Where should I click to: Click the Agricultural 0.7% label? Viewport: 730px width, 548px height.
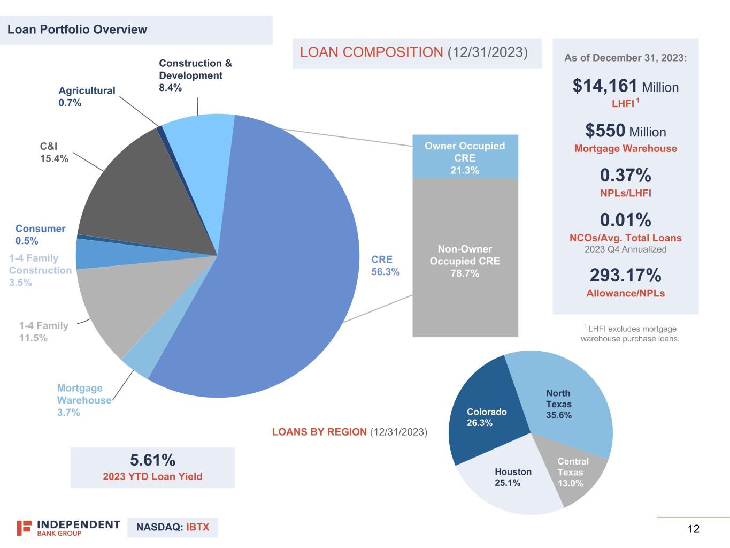pos(87,97)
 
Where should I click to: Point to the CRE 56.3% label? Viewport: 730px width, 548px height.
pos(385,265)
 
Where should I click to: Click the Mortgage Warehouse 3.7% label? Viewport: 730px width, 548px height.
pos(84,400)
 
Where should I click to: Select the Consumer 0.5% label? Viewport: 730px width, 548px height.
pos(40,234)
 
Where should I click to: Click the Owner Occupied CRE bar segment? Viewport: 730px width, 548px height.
pos(465,157)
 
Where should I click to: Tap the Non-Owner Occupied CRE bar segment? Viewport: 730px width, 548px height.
pos(465,261)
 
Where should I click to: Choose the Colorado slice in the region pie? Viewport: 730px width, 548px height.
pos(484,417)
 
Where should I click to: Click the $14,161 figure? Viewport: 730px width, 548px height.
pos(605,86)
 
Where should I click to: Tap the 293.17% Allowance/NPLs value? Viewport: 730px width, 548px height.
pos(625,275)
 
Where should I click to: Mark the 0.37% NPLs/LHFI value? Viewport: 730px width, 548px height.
pos(625,176)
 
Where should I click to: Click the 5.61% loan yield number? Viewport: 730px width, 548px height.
pos(152,460)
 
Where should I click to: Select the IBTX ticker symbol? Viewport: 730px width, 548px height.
pos(197,528)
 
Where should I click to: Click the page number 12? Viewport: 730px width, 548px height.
pos(693,529)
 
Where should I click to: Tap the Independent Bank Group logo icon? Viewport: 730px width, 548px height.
pos(24,528)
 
